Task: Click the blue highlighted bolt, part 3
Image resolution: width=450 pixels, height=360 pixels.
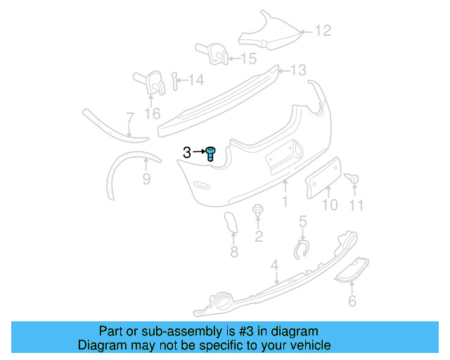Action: coord(211,153)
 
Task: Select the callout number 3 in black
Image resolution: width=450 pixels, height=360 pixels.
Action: coord(186,153)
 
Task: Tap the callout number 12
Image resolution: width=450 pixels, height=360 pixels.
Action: coord(321,31)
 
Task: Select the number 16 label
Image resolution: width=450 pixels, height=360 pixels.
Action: coord(153,112)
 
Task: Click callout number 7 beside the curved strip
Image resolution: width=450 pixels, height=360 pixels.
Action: coord(129,117)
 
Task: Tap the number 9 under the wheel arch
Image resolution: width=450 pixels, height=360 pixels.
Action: coord(146,179)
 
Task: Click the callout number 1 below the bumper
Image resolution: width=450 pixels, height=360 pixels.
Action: coord(285,202)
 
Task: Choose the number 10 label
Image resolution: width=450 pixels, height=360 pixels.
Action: coord(330,205)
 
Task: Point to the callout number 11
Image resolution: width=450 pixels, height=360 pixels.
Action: coord(356,205)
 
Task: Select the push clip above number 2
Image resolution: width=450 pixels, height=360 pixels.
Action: coord(258,210)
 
